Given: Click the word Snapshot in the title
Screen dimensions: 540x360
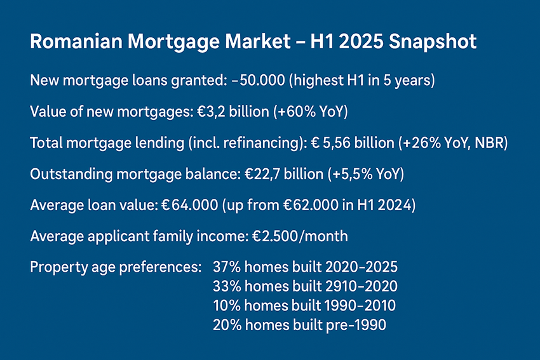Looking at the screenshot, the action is (433, 43).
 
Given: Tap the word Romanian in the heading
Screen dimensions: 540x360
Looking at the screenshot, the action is (76, 42).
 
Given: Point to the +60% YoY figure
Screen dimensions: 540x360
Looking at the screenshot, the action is (311, 112).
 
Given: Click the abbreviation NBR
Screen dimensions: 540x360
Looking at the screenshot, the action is (490, 143).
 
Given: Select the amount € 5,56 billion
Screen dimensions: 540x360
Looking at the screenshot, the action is (353, 143).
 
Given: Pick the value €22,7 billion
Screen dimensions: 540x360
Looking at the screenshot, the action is (284, 174).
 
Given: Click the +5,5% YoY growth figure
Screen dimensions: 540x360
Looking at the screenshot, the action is (366, 174).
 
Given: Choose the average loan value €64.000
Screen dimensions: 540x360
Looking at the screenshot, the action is (190, 205).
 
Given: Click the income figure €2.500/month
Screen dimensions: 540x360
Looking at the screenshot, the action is (300, 236).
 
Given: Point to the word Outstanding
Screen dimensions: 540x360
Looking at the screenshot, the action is (71, 175).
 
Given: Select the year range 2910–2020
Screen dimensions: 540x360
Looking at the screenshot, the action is (361, 286).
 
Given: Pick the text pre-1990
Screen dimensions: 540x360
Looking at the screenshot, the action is (356, 325).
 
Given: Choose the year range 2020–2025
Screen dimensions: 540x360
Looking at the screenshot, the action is (361, 267).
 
